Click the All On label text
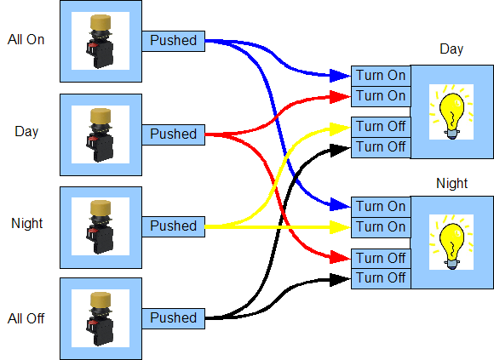[26, 40]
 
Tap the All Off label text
[26, 318]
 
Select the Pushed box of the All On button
[173, 41]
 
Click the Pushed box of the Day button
[173, 134]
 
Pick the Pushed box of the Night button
[173, 226]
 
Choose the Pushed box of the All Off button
[173, 318]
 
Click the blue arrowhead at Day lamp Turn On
[340, 76]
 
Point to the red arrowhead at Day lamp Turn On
[340, 97]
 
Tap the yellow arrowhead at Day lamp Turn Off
[340, 129]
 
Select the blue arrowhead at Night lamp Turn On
[340, 205]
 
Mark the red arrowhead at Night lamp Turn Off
[340, 257]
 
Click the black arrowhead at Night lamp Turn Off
[340, 280]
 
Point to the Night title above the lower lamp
[451, 184]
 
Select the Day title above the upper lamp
[451, 49]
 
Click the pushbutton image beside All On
[101, 41]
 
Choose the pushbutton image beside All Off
[101, 318]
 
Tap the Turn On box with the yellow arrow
[381, 227]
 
